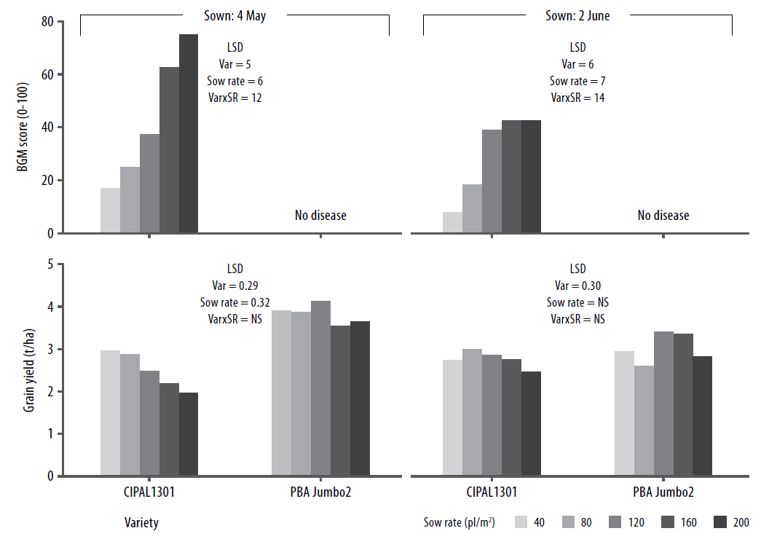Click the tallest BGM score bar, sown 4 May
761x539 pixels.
pyautogui.click(x=189, y=134)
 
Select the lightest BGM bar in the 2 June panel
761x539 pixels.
pyautogui.click(x=452, y=222)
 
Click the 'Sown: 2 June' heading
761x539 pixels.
pyautogui.click(x=577, y=15)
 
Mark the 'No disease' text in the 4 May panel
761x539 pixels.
pyautogui.click(x=320, y=216)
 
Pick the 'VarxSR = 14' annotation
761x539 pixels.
pyautogui.click(x=577, y=98)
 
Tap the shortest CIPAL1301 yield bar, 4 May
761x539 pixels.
pyautogui.click(x=189, y=434)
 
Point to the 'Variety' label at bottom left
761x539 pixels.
pyautogui.click(x=141, y=522)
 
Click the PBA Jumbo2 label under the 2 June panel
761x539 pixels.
pyautogui.click(x=663, y=492)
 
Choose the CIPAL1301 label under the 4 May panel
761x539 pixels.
pyautogui.click(x=149, y=492)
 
